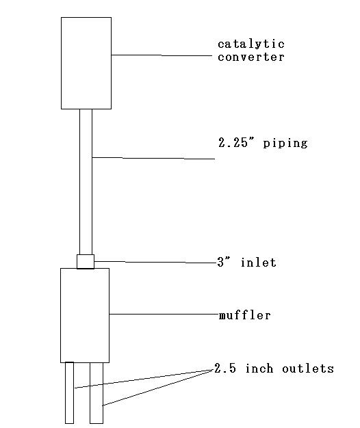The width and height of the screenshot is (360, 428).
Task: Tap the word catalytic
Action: coord(251,44)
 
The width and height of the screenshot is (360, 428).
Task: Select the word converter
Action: coord(251,57)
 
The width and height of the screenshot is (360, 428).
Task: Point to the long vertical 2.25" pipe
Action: coord(86,182)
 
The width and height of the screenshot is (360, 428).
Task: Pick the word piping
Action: coord(285,144)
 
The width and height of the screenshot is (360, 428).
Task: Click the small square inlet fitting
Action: coord(86,262)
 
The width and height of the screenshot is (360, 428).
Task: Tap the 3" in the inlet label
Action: coord(224,262)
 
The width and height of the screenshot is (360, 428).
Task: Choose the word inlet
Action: coord(259,263)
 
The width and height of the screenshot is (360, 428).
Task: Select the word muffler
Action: coord(245,315)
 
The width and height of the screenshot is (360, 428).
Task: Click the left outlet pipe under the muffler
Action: coord(69,392)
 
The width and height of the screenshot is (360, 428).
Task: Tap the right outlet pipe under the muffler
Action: coord(97,393)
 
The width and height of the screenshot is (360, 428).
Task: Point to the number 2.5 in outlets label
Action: coord(225,369)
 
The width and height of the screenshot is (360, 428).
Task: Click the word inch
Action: coord(259,369)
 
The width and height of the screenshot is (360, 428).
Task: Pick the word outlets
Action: coord(308,369)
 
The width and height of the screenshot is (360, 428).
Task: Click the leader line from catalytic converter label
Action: coord(162,55)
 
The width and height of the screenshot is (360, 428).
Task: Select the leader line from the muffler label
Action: coord(164,315)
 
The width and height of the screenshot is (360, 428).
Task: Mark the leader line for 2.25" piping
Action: coord(153,158)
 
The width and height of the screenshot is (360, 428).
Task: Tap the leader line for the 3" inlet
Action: coord(155,263)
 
